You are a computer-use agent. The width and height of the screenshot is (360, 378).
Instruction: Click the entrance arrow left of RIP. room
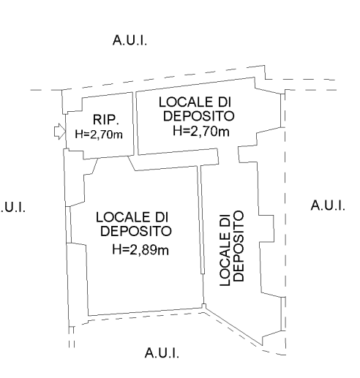coord(60,132)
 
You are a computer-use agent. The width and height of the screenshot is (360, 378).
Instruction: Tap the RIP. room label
coord(106,120)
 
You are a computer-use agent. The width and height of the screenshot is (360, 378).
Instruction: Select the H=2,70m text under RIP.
coord(99,135)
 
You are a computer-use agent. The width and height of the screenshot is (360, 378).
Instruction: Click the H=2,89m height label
coord(140,249)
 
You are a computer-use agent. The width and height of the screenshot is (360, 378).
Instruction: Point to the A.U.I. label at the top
coord(130,40)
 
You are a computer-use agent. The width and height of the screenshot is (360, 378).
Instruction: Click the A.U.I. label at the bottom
coord(162,352)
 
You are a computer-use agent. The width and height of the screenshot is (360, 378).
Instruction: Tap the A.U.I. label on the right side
coord(328,205)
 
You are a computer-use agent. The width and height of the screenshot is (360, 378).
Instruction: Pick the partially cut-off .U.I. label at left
coord(12,208)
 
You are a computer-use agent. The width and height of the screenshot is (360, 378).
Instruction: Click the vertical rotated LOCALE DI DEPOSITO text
coord(231,247)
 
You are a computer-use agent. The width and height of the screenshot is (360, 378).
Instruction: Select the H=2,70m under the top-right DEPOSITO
coord(201,131)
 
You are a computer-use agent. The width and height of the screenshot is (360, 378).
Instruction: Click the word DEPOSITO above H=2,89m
coord(136,231)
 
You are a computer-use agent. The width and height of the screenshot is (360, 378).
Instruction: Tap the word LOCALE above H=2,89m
coord(121,217)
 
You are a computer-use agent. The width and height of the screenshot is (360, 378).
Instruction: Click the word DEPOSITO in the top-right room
coord(198,116)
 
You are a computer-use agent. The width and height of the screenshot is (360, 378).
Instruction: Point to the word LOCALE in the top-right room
coord(184,102)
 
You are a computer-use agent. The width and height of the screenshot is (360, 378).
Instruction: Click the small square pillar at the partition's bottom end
coord(203,306)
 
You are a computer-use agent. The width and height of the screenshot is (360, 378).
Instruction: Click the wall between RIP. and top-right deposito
coord(135,124)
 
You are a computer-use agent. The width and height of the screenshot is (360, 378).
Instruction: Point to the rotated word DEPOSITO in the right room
coord(239,246)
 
